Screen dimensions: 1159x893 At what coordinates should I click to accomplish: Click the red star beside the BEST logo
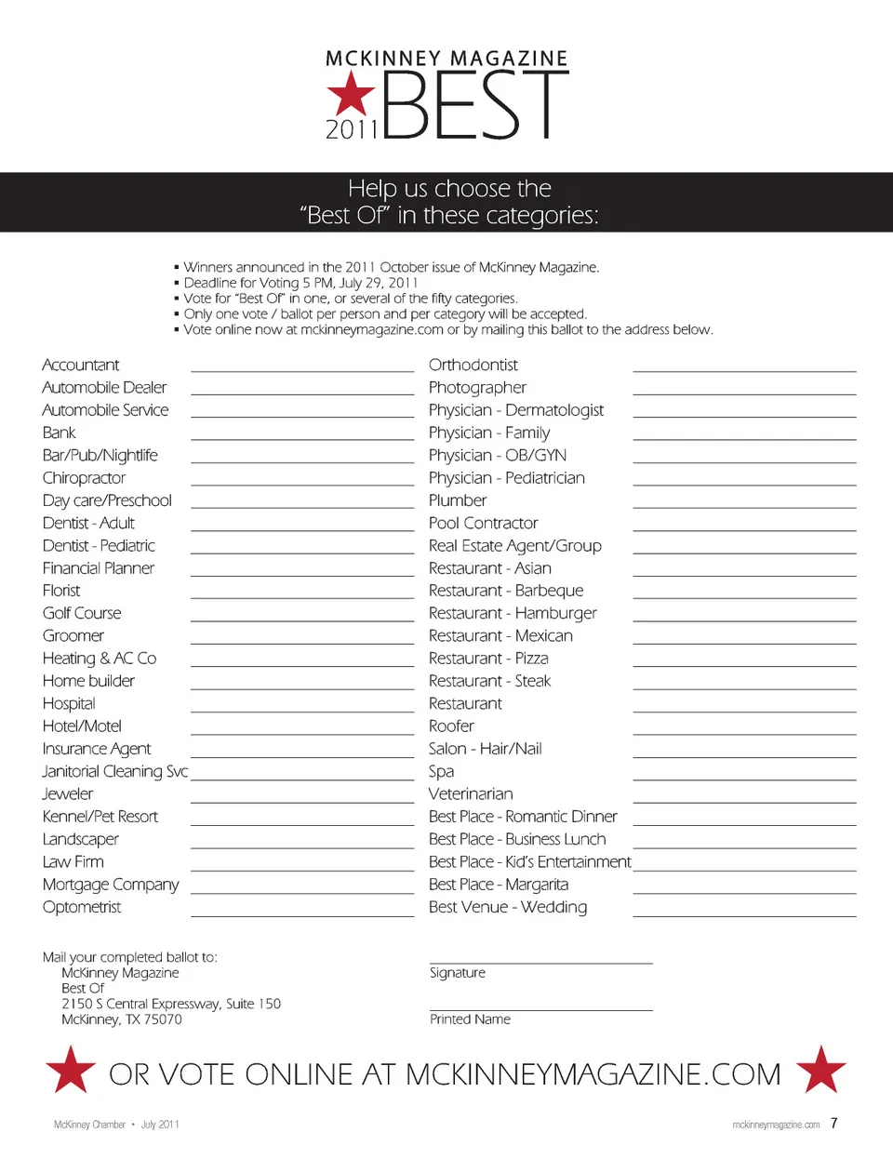pos(351,94)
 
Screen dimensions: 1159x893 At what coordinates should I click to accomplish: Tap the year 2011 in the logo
pos(352,129)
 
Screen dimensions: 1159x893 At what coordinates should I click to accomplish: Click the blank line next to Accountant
pos(302,369)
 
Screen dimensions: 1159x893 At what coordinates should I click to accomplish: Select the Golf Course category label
pos(82,613)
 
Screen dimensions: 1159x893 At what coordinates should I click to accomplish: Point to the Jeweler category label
pos(68,793)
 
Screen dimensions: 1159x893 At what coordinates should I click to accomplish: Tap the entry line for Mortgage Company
pos(302,891)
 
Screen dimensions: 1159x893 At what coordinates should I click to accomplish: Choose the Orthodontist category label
pos(473,365)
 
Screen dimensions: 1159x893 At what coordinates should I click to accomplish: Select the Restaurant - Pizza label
pos(488,658)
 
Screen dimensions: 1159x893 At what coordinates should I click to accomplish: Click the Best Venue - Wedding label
pos(508,907)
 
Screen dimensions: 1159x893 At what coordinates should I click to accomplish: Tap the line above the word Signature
pos(541,963)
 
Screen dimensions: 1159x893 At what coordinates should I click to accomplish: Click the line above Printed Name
pos(541,1009)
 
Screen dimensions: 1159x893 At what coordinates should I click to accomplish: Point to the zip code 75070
pos(163,1019)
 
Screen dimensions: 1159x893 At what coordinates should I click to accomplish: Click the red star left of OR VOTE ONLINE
pos(71,1070)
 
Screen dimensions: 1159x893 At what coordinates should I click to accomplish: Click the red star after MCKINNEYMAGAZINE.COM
pos(821,1070)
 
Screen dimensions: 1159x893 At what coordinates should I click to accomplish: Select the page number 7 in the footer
pos(834,1123)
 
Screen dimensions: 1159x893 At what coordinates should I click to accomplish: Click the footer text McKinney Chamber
pos(89,1125)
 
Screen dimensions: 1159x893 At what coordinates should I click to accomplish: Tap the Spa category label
pos(441,771)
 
